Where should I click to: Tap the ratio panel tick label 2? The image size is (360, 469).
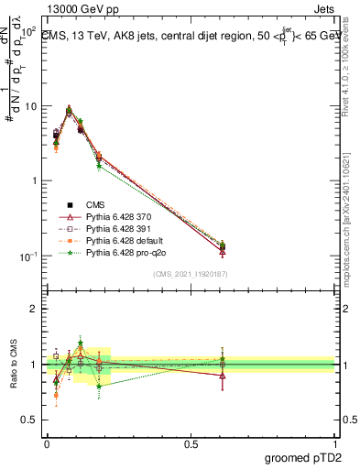[35, 309]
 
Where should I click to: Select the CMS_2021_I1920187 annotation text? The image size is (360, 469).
[191, 273]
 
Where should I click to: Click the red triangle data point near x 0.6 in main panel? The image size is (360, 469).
[223, 251]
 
